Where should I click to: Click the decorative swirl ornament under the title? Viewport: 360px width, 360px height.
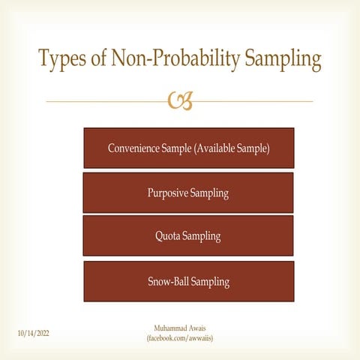181,100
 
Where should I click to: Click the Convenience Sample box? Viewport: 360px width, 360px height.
188,148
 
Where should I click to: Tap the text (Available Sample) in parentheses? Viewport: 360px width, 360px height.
232,148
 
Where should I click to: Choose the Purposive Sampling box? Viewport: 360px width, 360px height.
188,193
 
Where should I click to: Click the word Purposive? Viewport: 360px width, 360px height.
167,193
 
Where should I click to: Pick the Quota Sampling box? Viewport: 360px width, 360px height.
188,236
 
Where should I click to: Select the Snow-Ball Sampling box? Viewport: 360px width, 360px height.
188,281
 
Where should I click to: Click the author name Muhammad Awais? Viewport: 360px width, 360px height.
180,328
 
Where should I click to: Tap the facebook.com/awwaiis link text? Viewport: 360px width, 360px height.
180,339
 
